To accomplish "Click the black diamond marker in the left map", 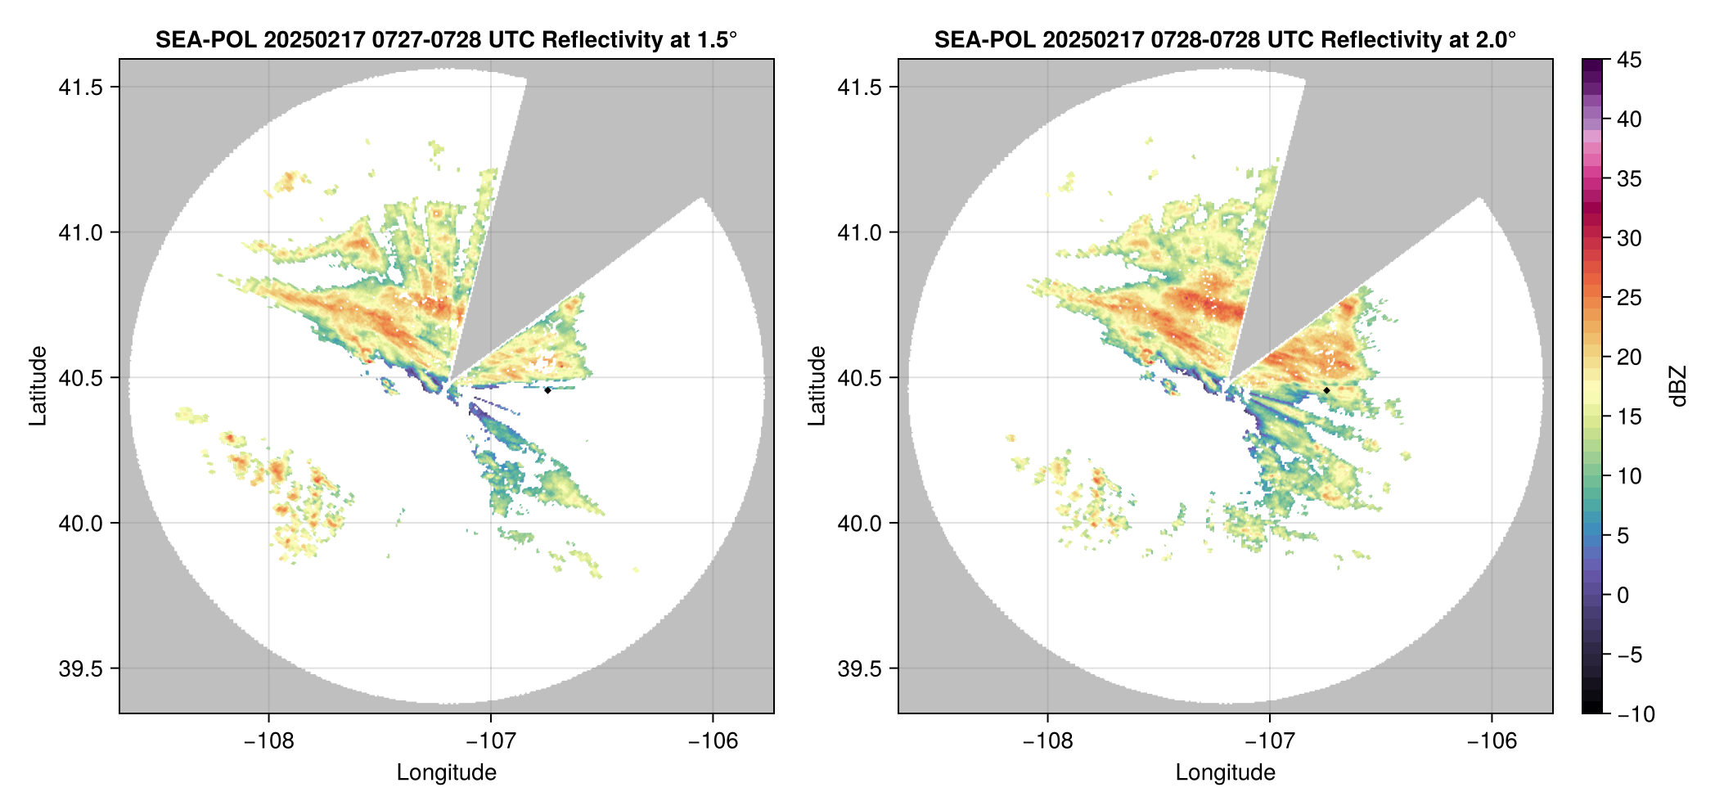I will (x=547, y=390).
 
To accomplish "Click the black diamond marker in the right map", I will (x=1326, y=390).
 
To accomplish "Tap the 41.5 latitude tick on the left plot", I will (x=81, y=88).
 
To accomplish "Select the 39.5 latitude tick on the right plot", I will (x=860, y=668).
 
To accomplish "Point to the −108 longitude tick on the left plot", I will (x=268, y=741).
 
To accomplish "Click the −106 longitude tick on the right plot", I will (x=1492, y=741).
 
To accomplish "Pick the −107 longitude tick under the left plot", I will (x=490, y=741).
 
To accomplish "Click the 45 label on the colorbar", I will (x=1628, y=60).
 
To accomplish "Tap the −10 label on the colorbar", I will (x=1636, y=714).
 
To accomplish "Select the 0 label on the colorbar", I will (x=1623, y=595).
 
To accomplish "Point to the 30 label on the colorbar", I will (x=1628, y=238).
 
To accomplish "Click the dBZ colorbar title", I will (x=1678, y=386).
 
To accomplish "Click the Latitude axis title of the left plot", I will (x=38, y=386).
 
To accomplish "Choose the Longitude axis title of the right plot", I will (x=1225, y=772).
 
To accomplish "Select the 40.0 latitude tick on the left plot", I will (x=81, y=523).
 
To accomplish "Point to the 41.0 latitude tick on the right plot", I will (x=860, y=232).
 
